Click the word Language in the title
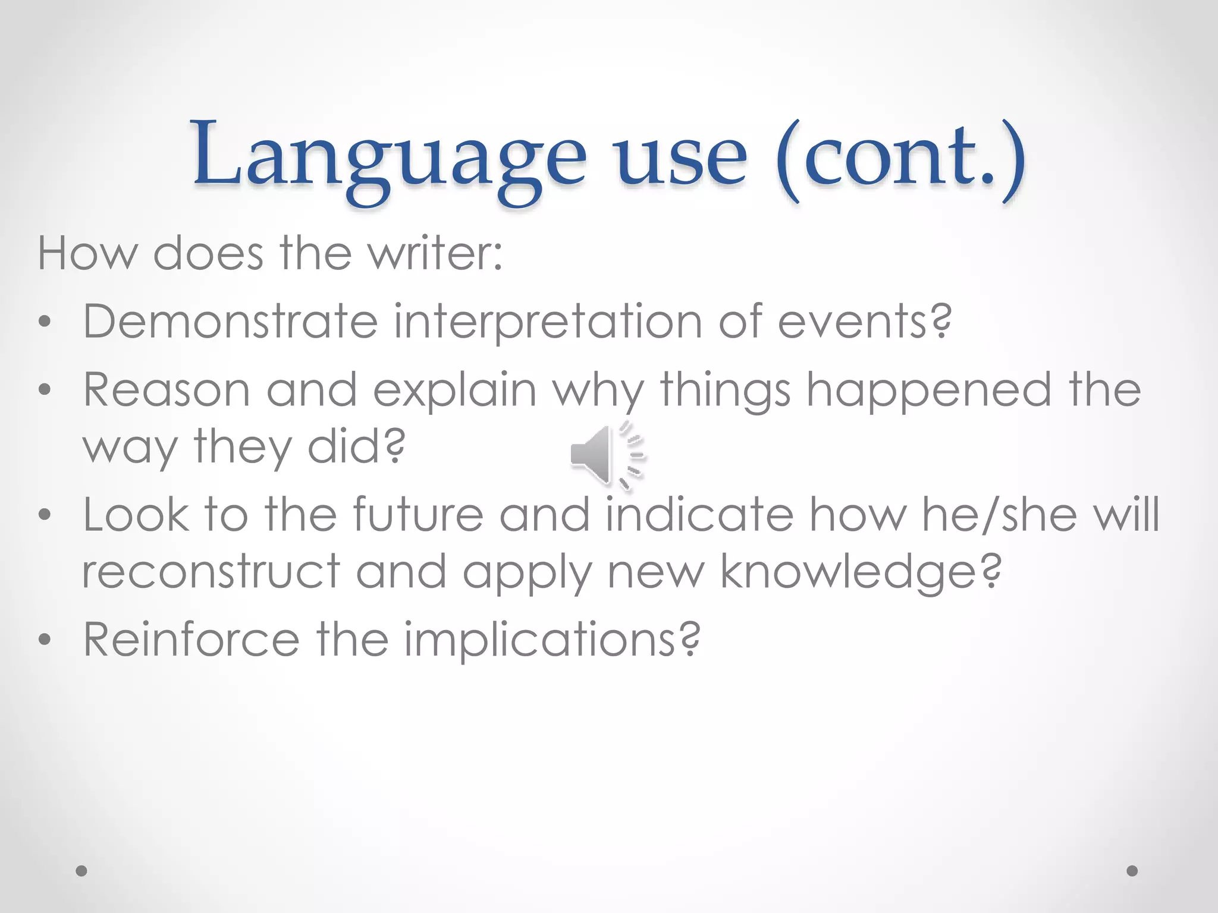[390, 158]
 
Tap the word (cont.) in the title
[900, 158]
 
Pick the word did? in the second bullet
[356, 447]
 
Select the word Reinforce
[191, 640]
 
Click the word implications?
[553, 640]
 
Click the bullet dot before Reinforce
[45, 640]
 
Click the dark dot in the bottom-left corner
[82, 871]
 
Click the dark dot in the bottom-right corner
[1132, 871]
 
